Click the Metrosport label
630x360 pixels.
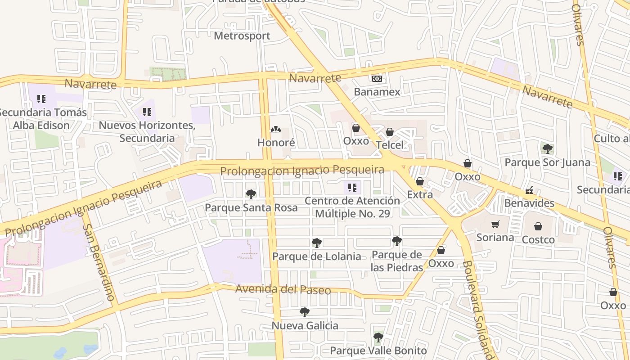(x=242, y=36)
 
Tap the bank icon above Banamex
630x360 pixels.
(x=377, y=79)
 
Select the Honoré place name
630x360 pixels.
(x=276, y=143)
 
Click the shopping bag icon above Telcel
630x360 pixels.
(x=390, y=132)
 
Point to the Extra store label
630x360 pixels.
(x=420, y=194)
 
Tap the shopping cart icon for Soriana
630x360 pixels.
(x=495, y=224)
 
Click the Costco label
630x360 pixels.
(x=538, y=239)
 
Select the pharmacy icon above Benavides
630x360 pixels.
(x=530, y=191)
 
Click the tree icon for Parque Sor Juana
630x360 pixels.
(x=548, y=148)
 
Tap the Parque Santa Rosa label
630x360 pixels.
(x=251, y=207)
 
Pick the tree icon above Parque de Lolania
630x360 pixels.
(x=317, y=243)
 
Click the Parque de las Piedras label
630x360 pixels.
(x=397, y=261)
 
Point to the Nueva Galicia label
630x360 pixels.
(x=305, y=325)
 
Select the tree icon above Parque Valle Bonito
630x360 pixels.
(x=378, y=337)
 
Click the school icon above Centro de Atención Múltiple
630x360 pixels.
(x=352, y=187)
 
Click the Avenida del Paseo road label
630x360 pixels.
(x=283, y=289)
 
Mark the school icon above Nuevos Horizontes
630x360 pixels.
(x=147, y=112)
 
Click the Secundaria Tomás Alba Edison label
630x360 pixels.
(x=41, y=118)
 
